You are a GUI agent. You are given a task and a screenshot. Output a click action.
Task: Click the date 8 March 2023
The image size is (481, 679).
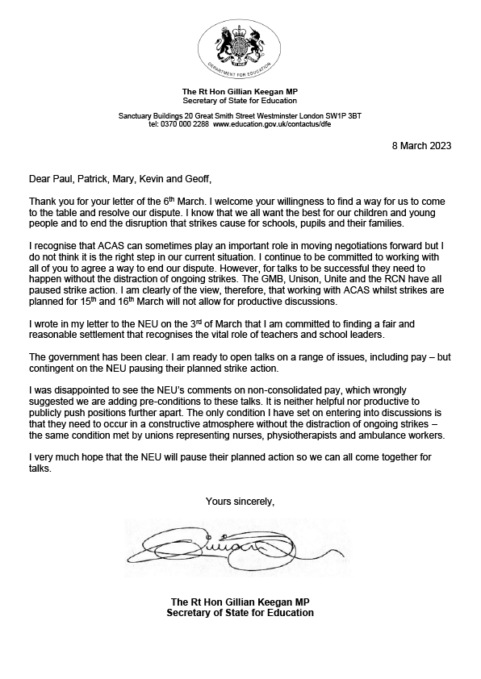tap(416, 146)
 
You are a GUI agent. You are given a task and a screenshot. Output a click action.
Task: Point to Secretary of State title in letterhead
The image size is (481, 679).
tap(240, 101)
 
